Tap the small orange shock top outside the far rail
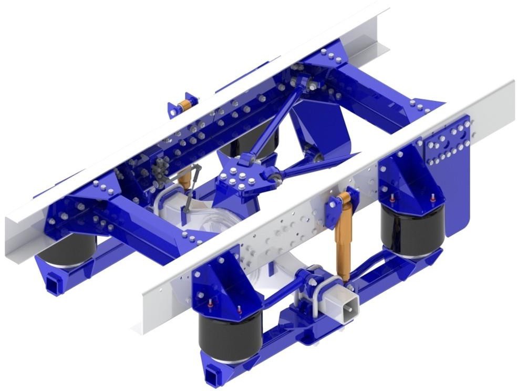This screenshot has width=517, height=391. (x=184, y=105)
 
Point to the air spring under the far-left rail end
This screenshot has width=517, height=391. (x=67, y=250)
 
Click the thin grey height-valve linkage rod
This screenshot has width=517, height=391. (x=191, y=184)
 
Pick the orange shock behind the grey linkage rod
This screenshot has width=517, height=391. (x=184, y=179)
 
